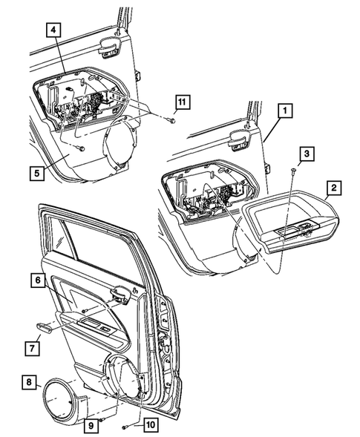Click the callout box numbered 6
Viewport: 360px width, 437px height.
tap(36, 280)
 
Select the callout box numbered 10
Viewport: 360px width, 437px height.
tap(148, 425)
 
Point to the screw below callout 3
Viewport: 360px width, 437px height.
tap(294, 171)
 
